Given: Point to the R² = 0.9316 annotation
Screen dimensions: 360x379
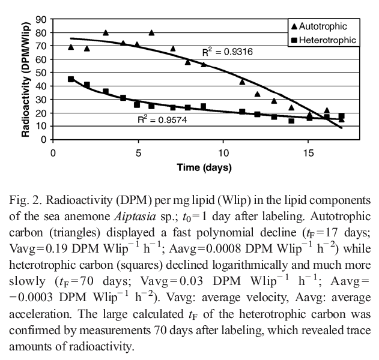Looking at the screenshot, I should coord(227,52).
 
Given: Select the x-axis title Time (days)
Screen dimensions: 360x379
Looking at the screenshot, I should coord(204,167).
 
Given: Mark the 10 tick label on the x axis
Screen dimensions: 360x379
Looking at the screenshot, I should coord(223,151).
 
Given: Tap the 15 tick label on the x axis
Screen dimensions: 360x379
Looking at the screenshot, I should coord(309,151).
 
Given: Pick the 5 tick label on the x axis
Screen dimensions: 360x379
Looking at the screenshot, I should coord(138,151).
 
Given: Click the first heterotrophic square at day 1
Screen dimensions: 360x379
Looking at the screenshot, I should coord(71,79).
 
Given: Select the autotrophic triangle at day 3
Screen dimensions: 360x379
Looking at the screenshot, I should coord(106,32).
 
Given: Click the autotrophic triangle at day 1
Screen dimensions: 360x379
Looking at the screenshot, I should coord(71,47).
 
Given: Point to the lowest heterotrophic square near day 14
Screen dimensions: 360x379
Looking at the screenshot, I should coord(291,121).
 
